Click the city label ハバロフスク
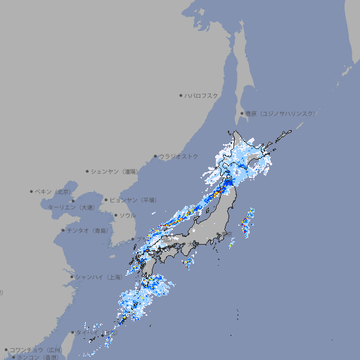click(x=201, y=95)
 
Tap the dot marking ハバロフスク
click(x=181, y=95)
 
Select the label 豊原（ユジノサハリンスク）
click(x=281, y=113)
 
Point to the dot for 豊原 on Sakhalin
click(x=242, y=113)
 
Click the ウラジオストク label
click(x=179, y=156)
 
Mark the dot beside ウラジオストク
click(x=155, y=156)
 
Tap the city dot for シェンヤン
click(x=88, y=171)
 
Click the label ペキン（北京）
click(x=54, y=191)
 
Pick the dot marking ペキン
click(x=32, y=191)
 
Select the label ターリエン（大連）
click(x=70, y=208)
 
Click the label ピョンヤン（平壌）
click(x=132, y=200)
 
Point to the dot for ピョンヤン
click(x=106, y=200)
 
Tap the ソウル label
click(x=127, y=215)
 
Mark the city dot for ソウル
click(x=115, y=215)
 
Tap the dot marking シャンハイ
click(x=72, y=277)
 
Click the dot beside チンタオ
click(x=63, y=231)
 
